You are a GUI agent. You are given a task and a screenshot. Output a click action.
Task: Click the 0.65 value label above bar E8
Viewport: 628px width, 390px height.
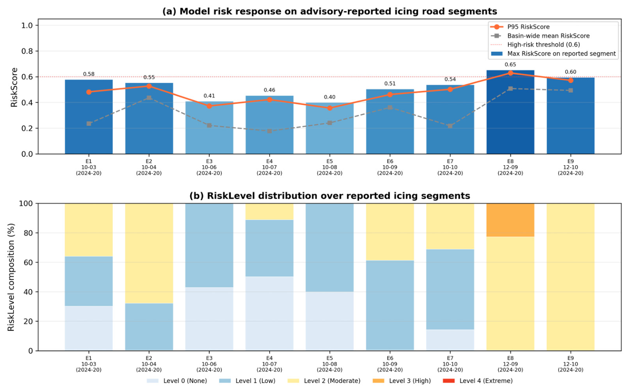pos(510,65)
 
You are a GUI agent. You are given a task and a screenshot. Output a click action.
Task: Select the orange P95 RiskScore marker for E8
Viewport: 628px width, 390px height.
pos(510,73)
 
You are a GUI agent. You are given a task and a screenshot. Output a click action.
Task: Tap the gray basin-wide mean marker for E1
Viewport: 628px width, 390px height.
pos(89,123)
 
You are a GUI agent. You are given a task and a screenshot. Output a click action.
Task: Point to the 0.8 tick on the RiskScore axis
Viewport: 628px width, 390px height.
pos(27,51)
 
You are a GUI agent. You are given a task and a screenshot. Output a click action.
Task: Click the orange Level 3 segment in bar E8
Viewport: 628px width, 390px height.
pos(510,220)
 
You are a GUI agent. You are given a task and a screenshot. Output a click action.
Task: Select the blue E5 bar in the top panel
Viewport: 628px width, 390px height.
pos(330,128)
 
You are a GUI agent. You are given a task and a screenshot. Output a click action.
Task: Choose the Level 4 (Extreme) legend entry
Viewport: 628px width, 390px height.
pos(478,381)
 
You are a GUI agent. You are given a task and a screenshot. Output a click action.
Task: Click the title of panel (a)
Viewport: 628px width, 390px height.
pos(330,11)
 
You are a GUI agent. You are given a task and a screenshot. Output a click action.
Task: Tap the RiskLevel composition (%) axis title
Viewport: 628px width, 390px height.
pos(11,277)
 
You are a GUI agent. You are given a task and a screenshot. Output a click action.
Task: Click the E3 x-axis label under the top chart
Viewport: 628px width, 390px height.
pos(209,167)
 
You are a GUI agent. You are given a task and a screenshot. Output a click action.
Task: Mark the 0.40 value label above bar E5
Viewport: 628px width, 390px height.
pos(330,97)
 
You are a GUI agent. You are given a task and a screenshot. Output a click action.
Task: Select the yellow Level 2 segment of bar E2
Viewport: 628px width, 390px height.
pos(149,253)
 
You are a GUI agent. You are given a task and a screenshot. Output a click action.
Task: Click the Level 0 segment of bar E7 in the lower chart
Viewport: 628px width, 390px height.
pos(450,340)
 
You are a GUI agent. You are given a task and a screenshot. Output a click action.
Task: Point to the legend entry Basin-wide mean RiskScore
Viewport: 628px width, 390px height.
pos(540,36)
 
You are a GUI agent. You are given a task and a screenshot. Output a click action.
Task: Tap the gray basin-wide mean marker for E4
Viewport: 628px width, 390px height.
pos(269,131)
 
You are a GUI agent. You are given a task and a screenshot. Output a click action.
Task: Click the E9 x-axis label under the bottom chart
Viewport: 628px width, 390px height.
pos(570,364)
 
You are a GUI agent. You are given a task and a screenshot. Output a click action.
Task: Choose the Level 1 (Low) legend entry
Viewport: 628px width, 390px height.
pos(247,381)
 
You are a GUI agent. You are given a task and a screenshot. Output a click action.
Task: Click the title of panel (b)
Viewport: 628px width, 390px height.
pos(330,196)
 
